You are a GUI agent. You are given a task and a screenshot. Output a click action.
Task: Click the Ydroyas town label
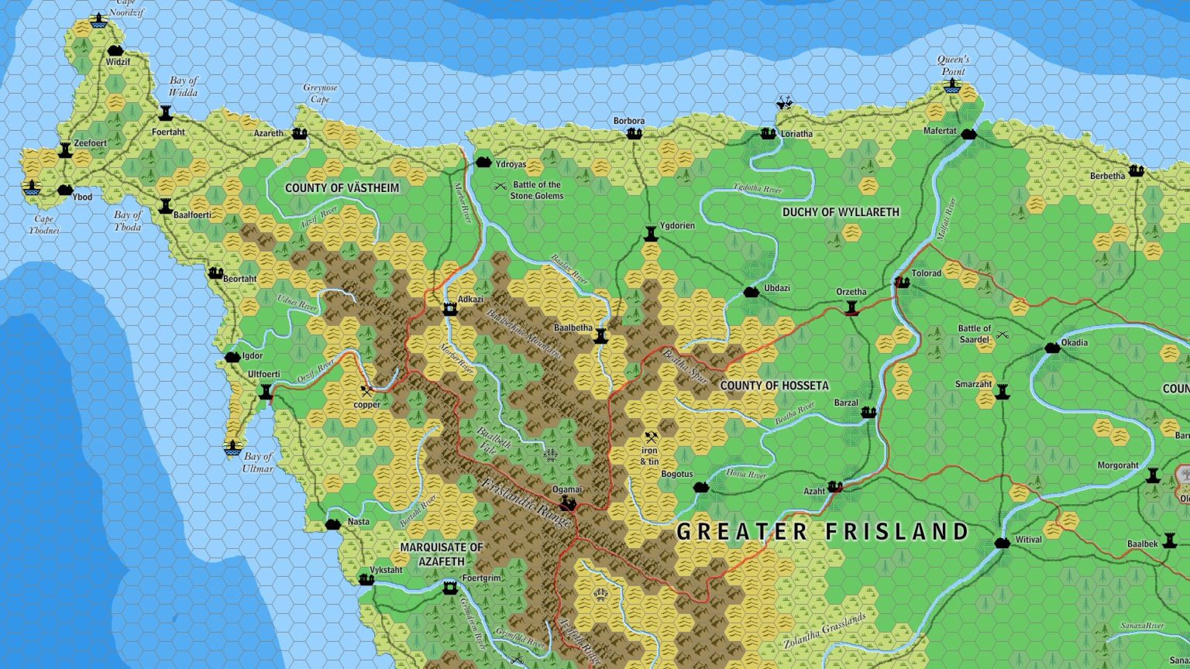point(511,164)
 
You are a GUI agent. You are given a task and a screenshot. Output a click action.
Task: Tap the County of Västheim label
point(342,188)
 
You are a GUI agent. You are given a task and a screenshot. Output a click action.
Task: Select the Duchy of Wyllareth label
point(841,212)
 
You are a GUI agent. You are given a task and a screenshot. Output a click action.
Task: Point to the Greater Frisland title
point(823,532)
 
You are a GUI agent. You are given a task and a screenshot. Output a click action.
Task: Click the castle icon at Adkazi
point(449,309)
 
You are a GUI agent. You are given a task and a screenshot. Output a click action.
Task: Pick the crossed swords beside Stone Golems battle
point(500,186)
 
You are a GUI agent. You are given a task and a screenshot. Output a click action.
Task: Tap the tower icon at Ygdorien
point(651,234)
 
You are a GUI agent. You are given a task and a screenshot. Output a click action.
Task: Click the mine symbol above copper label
point(366,390)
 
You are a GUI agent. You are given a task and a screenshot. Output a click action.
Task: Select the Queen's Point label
point(953,65)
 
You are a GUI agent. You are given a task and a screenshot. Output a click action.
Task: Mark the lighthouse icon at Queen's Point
point(952,87)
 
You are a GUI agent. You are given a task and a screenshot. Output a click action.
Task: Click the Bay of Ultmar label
point(258,462)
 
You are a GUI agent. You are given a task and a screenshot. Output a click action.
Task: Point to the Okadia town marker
point(1052,348)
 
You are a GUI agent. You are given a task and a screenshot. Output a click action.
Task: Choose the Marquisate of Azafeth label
point(442,554)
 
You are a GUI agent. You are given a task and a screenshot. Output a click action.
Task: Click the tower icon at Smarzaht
point(1003,391)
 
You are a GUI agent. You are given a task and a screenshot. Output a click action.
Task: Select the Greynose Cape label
point(320,94)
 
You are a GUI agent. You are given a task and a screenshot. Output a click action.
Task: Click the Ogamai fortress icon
point(568,504)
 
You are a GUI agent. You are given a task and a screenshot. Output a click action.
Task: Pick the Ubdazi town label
point(777,288)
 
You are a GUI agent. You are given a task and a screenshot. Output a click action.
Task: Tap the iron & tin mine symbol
point(651,437)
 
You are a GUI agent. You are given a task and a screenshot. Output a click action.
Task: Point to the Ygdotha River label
point(757,188)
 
